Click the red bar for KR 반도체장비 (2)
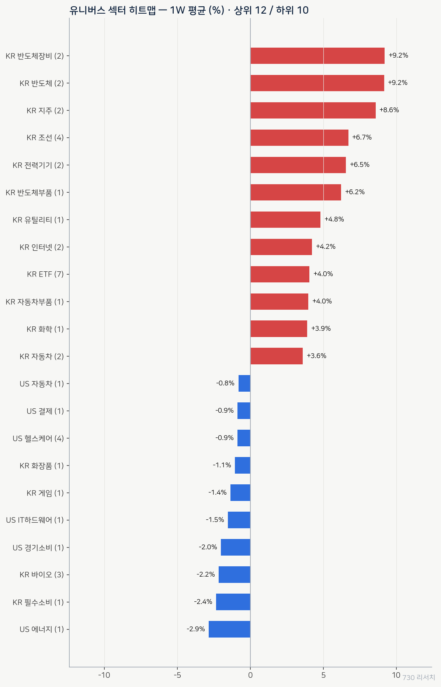pos(317,56)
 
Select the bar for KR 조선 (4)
pos(299,138)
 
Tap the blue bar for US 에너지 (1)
pos(229,629)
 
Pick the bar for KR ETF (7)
pos(280,274)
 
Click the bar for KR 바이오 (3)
pos(235,574)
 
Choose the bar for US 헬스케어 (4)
pos(244,438)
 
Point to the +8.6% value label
pos(389,110)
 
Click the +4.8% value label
pos(334,219)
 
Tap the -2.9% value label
pos(196,629)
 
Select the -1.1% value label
pos(222,465)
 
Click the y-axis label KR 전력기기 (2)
pos(38,165)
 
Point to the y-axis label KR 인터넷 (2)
pos(42,247)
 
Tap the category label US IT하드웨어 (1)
pos(35,520)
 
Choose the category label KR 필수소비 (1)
pos(38,602)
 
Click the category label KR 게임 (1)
pos(45,493)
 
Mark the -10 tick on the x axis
pos(104,675)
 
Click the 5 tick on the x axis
pos(323,675)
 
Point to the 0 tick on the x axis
pos(250,675)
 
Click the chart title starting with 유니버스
pos(189,10)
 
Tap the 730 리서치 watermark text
pos(419,677)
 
